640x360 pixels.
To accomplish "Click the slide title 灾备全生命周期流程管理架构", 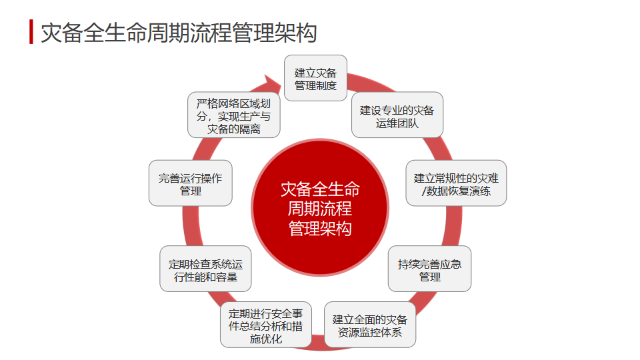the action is [178, 32].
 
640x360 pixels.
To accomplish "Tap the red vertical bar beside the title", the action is [31, 31].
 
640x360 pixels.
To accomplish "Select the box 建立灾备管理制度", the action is [315, 79].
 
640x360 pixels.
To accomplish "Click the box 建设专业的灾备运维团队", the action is [397, 115].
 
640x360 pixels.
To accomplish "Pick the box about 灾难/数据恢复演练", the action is [456, 183].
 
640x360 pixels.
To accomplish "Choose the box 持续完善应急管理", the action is [429, 269].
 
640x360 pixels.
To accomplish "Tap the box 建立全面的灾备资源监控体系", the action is [370, 325].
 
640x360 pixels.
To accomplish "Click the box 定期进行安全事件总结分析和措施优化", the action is [266, 325].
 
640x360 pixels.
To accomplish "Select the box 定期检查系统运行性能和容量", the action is [205, 269].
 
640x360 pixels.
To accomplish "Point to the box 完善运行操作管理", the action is [190, 183].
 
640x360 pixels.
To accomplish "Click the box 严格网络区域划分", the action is [233, 115].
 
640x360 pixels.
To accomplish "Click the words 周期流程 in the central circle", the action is [320, 209].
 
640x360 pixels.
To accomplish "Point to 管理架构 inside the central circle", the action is [320, 228].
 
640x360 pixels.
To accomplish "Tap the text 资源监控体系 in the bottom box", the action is [370, 332].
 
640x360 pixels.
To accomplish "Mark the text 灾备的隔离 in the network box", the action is [233, 129].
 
